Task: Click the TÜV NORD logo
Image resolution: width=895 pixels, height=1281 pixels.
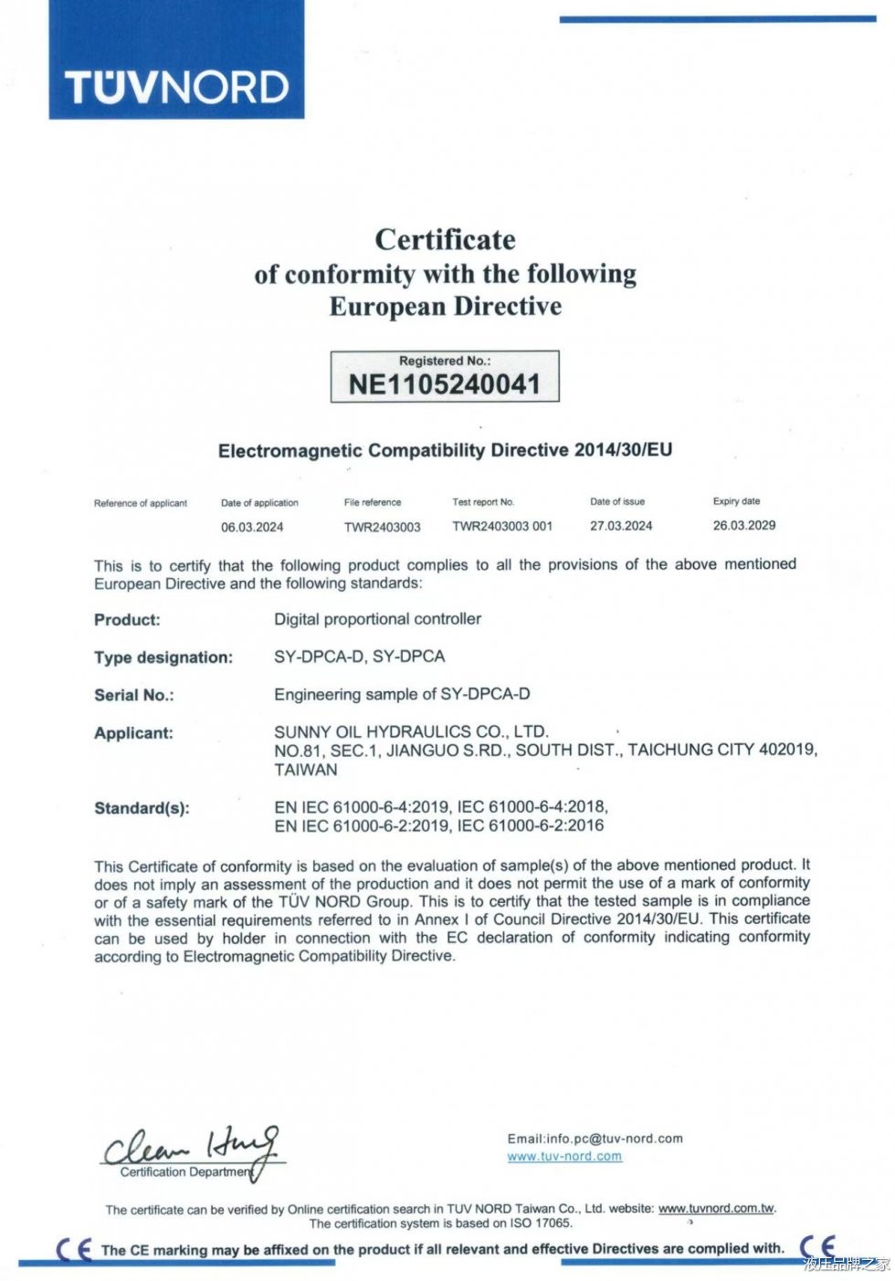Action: [176, 88]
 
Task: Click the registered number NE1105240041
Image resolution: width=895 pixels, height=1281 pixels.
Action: [445, 384]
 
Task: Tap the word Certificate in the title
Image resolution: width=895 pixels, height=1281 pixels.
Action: [445, 239]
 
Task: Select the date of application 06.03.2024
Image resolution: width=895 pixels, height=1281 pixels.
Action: [252, 527]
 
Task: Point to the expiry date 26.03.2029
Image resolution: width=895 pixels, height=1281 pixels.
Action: [744, 525]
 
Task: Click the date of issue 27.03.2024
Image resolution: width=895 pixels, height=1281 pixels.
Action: [621, 526]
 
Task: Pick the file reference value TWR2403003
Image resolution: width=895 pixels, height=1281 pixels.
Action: [382, 527]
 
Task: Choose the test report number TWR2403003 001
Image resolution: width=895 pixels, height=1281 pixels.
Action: [502, 526]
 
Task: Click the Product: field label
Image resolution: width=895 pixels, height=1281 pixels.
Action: [127, 620]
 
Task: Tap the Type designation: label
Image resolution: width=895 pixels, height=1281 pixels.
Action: [163, 657]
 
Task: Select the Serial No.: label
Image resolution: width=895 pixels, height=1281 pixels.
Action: [134, 695]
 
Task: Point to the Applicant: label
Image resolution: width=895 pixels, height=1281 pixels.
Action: [133, 733]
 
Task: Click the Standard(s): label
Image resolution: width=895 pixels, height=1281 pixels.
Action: [142, 808]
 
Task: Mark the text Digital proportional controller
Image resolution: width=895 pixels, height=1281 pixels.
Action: [377, 619]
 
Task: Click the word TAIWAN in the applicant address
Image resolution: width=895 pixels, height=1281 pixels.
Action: [306, 770]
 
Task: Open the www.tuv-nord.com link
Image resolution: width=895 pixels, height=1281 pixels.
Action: [564, 1156]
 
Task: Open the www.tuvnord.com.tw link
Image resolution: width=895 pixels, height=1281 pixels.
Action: [716, 1208]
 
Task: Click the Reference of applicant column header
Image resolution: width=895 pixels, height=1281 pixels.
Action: [141, 503]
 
